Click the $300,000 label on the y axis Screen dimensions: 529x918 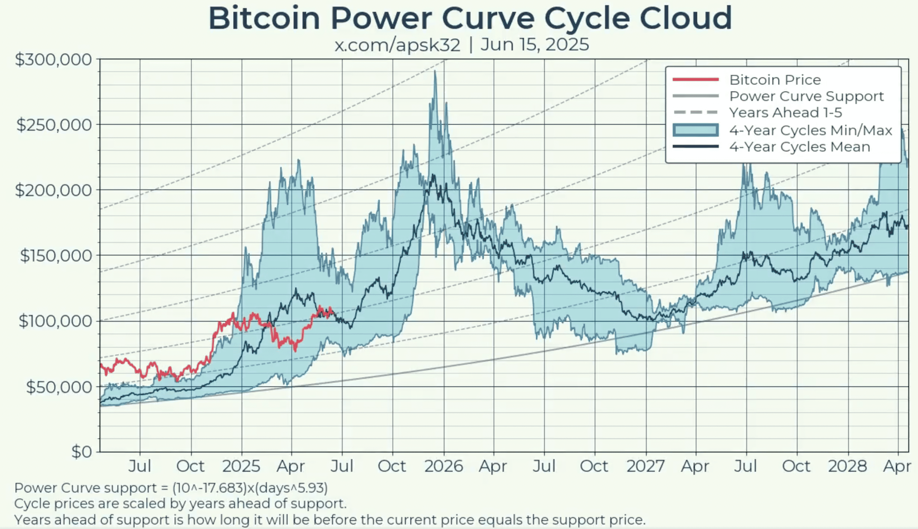click(x=53, y=59)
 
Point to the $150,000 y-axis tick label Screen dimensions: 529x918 click(x=56, y=256)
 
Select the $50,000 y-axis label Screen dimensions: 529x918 click(x=58, y=387)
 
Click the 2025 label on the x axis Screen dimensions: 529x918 click(x=241, y=466)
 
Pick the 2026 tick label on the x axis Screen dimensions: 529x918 click(x=444, y=466)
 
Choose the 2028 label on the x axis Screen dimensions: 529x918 click(x=847, y=466)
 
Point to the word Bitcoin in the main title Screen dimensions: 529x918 click(x=264, y=18)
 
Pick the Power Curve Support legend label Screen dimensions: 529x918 click(x=806, y=96)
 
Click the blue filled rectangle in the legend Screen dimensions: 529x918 click(x=696, y=130)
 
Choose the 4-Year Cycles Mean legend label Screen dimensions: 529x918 click(x=800, y=147)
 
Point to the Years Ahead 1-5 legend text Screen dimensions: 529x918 click(x=785, y=113)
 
